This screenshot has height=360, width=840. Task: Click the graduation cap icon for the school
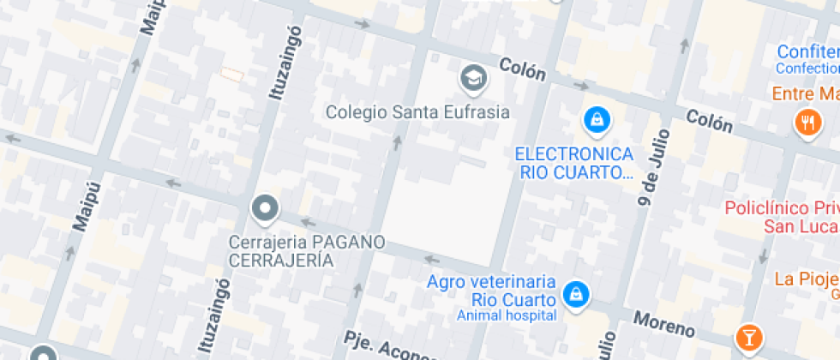point(471,79)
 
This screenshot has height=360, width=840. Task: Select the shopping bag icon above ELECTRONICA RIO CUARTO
point(596,120)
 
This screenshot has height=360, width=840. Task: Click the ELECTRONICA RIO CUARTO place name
point(574,163)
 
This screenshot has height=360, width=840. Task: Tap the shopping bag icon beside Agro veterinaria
point(577,294)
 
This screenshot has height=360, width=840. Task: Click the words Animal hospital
point(507,315)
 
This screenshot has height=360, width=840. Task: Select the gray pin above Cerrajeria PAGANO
point(265,208)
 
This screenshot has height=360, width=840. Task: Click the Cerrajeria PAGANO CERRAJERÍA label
point(306,251)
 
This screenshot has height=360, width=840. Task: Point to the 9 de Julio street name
point(652,176)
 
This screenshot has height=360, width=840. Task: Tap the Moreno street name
point(663,324)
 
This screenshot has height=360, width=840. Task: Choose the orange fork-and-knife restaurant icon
point(807,122)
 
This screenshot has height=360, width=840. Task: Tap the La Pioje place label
point(806,279)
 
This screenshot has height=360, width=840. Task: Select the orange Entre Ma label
point(805,93)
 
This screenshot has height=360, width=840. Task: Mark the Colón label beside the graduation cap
point(522,69)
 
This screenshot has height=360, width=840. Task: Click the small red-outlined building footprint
point(231,75)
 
